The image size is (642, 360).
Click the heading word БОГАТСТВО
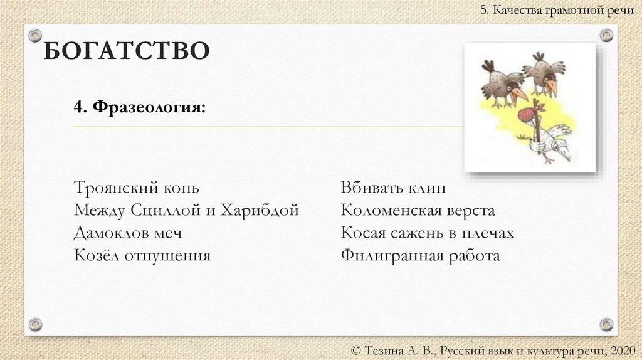pyautogui.click(x=125, y=50)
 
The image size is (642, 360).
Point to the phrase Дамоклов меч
pyautogui.click(x=127, y=233)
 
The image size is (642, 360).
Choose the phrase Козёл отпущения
pyautogui.click(x=142, y=255)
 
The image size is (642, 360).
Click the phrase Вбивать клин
pyautogui.click(x=393, y=188)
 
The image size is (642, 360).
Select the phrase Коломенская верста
pyautogui.click(x=418, y=210)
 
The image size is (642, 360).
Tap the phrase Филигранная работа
pyautogui.click(x=420, y=255)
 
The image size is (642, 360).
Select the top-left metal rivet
pyautogui.click(x=36, y=35)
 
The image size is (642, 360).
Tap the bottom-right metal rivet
pyautogui.click(x=606, y=324)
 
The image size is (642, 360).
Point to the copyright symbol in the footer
pyautogui.click(x=357, y=349)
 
